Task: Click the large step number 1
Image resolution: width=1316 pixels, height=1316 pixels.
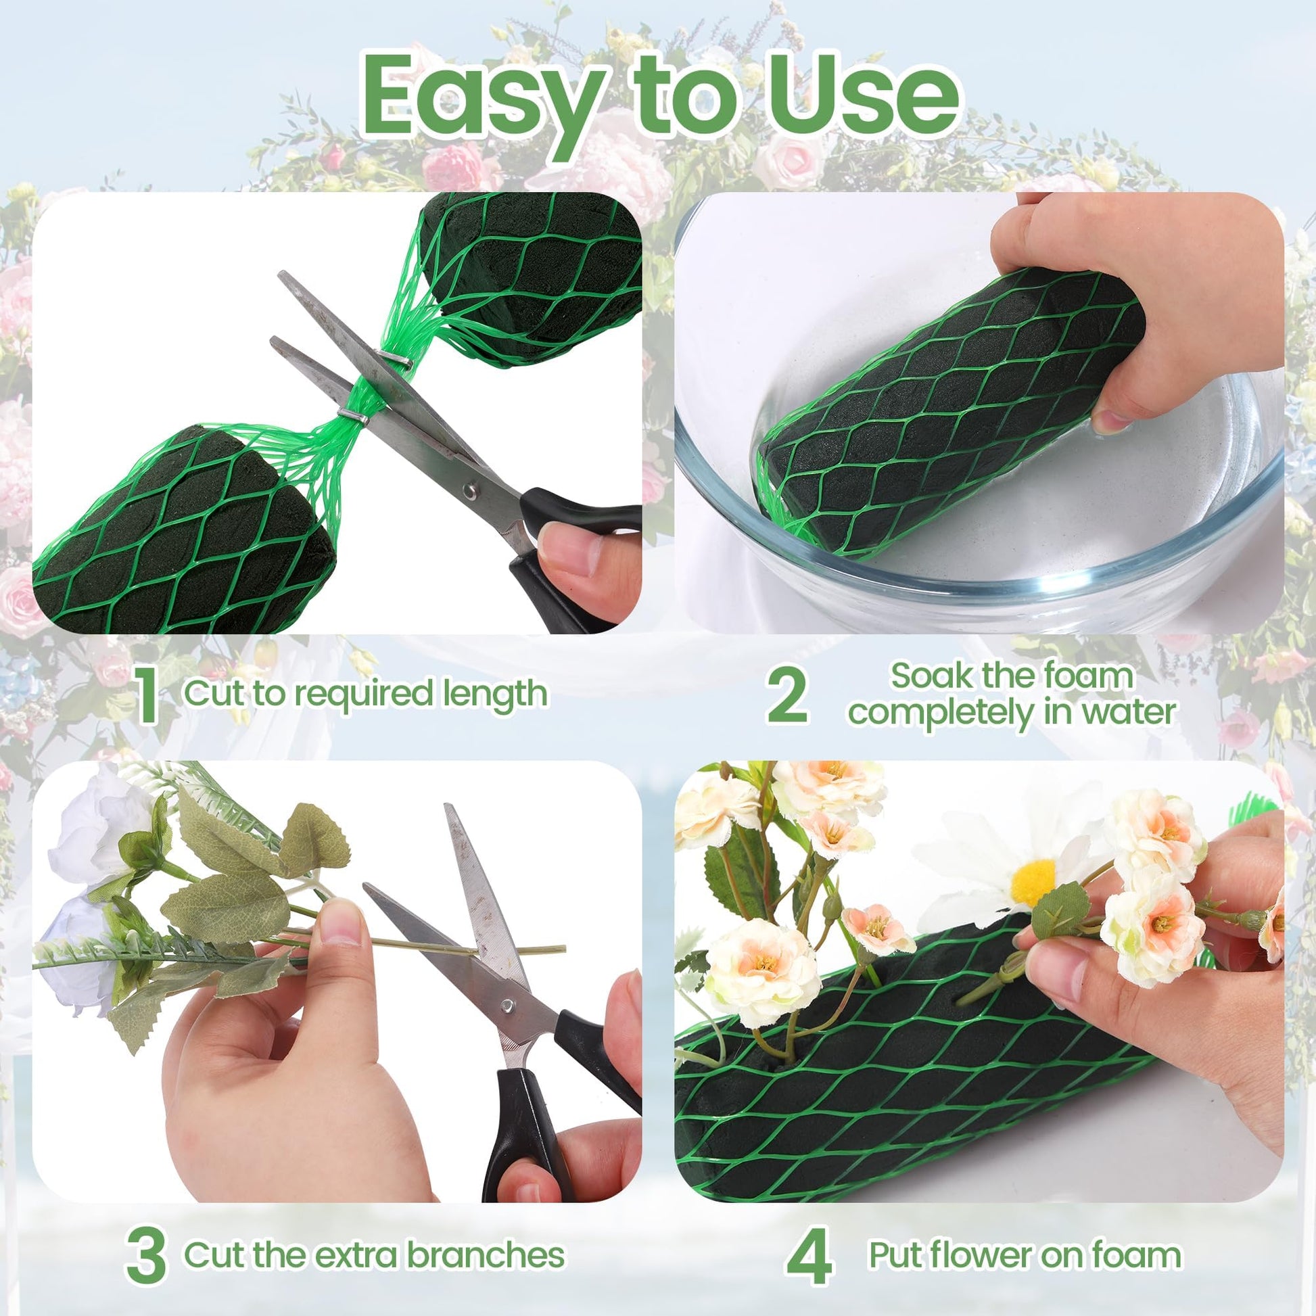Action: click(147, 695)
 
